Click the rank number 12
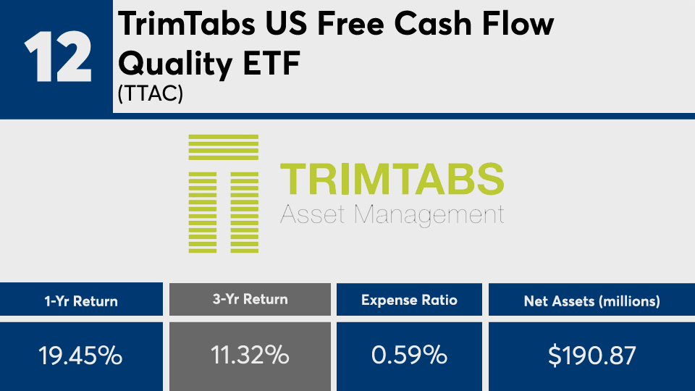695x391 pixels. click(58, 56)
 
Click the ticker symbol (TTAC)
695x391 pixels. click(151, 93)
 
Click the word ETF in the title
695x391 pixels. click(271, 63)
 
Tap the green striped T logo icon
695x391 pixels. click(224, 194)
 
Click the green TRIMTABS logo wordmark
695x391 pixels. click(392, 179)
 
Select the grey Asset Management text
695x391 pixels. click(392, 215)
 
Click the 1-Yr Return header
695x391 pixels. click(81, 301)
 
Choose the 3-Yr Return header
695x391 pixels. click(250, 299)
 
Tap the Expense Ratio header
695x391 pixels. click(409, 300)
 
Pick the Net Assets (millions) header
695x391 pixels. click(591, 301)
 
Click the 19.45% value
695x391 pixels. click(80, 356)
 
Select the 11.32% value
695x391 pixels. click(250, 355)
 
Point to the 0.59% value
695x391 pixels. click(409, 355)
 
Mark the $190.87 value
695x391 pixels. click(591, 356)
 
